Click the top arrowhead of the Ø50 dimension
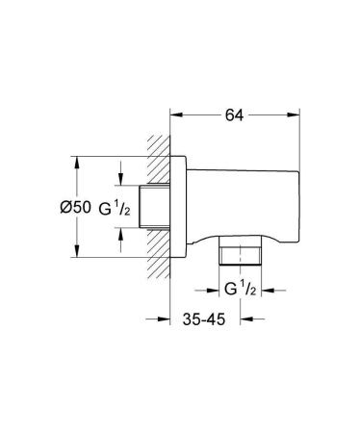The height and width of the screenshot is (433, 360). [75, 160]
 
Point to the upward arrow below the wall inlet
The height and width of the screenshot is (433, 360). [119, 230]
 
